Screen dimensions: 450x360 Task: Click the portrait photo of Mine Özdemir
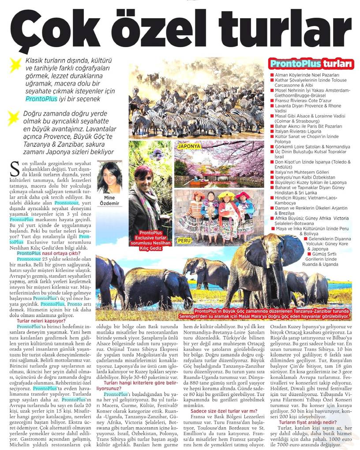point(109,176)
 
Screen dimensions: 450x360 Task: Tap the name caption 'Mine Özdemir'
point(109,201)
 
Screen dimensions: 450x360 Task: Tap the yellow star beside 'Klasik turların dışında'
point(15,65)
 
